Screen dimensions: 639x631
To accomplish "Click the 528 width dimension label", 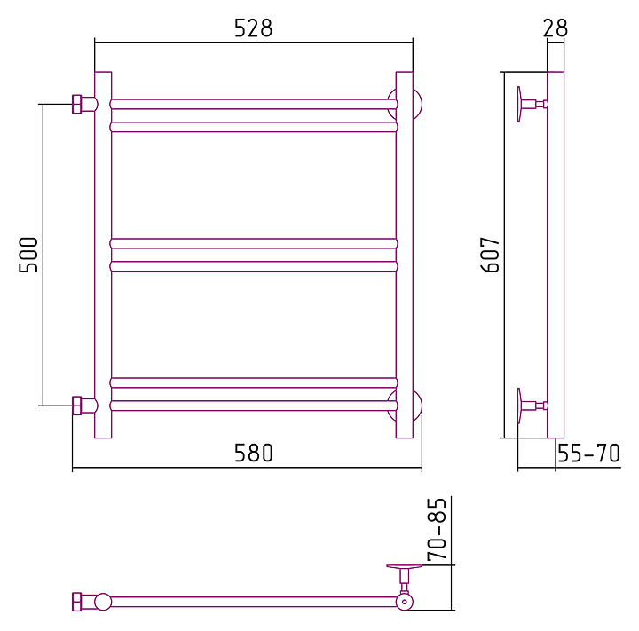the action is pyautogui.click(x=253, y=28).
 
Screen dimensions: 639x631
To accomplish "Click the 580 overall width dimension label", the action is pyautogui.click(x=253, y=453).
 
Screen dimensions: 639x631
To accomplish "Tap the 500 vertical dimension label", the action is pyautogui.click(x=28, y=255).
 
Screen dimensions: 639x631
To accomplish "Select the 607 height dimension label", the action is pyautogui.click(x=490, y=255).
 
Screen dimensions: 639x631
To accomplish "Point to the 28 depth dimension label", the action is pyautogui.click(x=555, y=28).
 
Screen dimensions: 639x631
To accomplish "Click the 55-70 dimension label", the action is pyautogui.click(x=588, y=453).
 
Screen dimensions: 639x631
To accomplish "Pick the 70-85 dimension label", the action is pyautogui.click(x=437, y=529).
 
